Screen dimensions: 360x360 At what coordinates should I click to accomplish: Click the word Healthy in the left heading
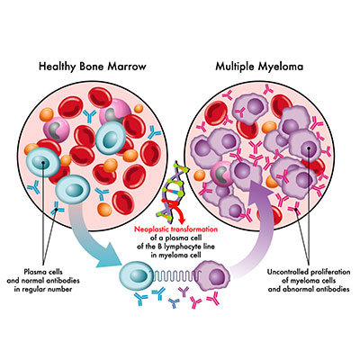pyautogui.click(x=58, y=67)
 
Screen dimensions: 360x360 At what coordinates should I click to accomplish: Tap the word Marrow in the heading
pyautogui.click(x=127, y=66)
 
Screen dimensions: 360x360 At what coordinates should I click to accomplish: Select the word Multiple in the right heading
pyautogui.click(x=235, y=67)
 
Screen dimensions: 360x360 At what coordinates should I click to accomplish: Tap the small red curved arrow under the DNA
pyautogui.click(x=177, y=212)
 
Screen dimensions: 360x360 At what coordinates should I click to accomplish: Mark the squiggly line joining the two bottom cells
pyautogui.click(x=175, y=275)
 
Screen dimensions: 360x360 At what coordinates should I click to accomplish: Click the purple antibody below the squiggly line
pyautogui.click(x=184, y=292)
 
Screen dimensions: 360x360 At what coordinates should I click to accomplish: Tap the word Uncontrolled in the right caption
pyautogui.click(x=287, y=272)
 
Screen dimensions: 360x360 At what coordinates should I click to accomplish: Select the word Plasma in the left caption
pyautogui.click(x=34, y=272)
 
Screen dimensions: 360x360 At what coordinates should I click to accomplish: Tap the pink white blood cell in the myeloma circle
pyautogui.click(x=222, y=174)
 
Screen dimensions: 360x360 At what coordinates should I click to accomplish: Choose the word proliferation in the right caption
pyautogui.click(x=329, y=272)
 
